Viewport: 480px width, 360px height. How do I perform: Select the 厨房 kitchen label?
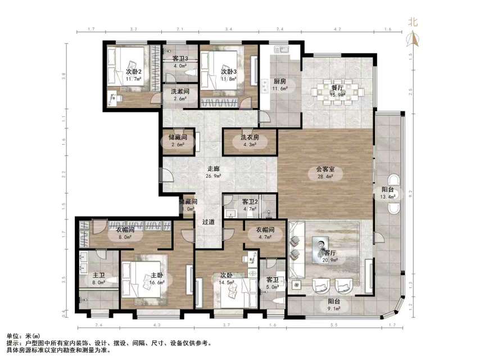(280, 81)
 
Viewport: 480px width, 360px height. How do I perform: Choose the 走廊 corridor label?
(213, 168)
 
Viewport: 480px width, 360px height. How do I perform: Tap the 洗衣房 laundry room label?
(250, 137)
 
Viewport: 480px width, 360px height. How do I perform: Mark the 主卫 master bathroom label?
(98, 276)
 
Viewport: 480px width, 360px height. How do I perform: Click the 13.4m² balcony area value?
(388, 197)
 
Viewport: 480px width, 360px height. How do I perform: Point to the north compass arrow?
(413, 39)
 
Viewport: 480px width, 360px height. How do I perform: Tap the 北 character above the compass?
(413, 22)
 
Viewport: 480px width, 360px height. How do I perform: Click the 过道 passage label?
(209, 222)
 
